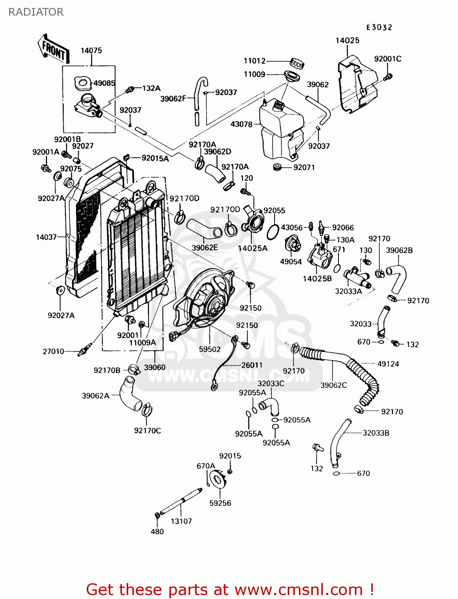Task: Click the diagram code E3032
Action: tap(379, 27)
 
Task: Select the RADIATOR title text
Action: tap(36, 12)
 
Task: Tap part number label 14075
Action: tap(91, 51)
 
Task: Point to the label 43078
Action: tap(241, 124)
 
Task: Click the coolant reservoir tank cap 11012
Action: tap(297, 63)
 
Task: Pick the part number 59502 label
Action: tap(210, 349)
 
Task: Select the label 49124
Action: tap(388, 364)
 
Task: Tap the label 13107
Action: tap(181, 521)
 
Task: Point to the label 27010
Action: tap(54, 351)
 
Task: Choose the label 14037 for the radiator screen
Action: tap(46, 237)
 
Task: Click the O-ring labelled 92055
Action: tap(273, 232)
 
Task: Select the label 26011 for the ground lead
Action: tap(252, 365)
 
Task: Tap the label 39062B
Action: tap(399, 250)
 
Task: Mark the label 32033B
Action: tap(376, 433)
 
